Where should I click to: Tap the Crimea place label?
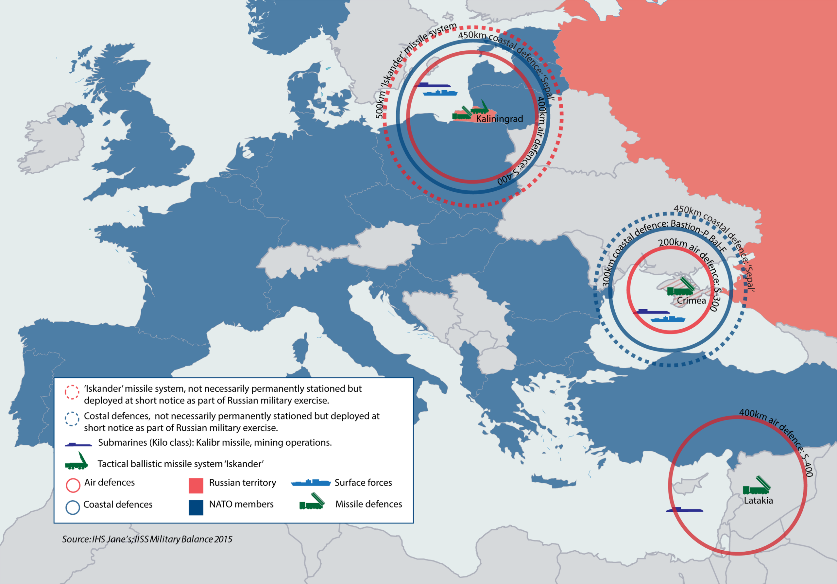[691, 301]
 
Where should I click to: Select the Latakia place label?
[758, 501]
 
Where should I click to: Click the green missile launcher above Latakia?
[757, 486]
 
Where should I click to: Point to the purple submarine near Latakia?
[684, 510]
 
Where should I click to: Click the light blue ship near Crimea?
[668, 319]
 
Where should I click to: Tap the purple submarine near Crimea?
[651, 311]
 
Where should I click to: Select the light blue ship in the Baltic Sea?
[440, 93]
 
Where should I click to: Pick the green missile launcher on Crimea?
[680, 287]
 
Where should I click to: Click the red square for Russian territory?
[196, 486]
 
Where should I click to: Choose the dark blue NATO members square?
[196, 507]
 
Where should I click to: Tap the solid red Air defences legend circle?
[73, 485]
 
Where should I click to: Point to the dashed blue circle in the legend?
[72, 419]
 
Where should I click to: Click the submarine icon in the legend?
[78, 444]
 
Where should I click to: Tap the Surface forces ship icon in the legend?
[311, 483]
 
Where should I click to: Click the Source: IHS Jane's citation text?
[147, 539]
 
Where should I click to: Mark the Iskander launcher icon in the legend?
[77, 462]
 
